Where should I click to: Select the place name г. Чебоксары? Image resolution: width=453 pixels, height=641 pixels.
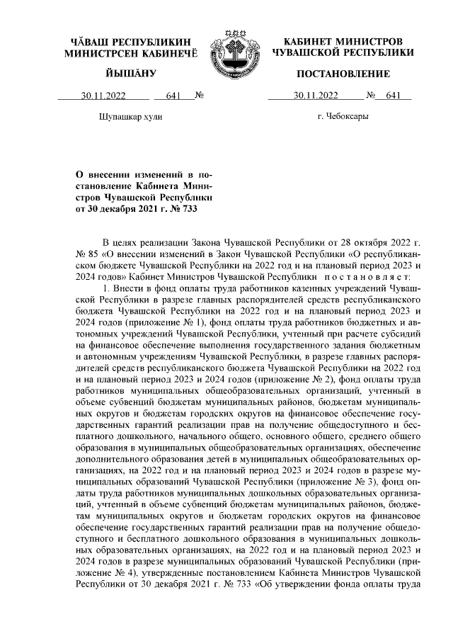tap(343, 117)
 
